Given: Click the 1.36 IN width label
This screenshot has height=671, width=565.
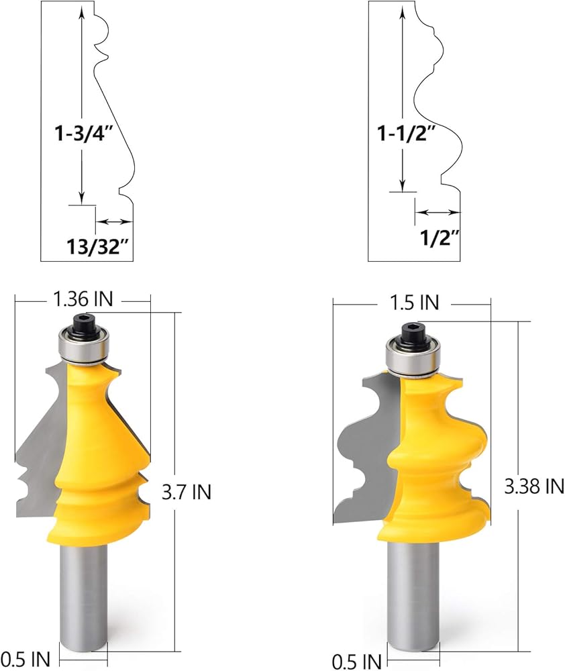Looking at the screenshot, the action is click(x=83, y=299).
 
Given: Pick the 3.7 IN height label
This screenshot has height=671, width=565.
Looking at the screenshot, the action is click(x=187, y=492).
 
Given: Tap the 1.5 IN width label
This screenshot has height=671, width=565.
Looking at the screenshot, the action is click(x=414, y=303).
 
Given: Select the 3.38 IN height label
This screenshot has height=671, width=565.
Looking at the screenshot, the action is click(x=534, y=486).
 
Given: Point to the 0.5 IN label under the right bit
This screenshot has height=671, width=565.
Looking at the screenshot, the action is click(x=356, y=662).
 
